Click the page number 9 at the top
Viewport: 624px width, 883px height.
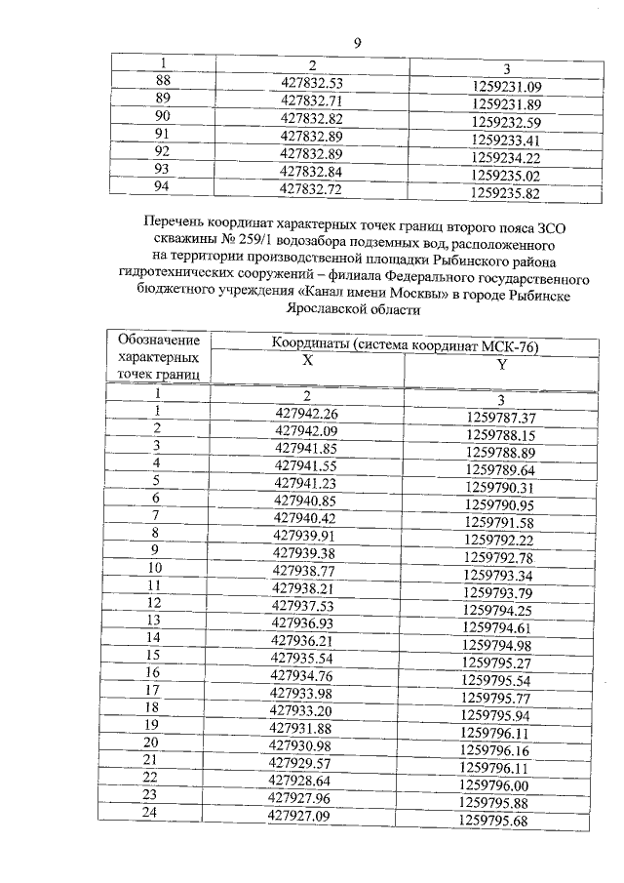click(358, 42)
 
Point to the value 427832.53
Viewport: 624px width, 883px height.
click(312, 81)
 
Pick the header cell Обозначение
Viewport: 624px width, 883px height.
click(158, 341)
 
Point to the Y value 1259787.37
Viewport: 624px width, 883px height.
click(501, 419)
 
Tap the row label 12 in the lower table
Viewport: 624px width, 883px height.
click(153, 604)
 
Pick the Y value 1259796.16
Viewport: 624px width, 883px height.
click(497, 750)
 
